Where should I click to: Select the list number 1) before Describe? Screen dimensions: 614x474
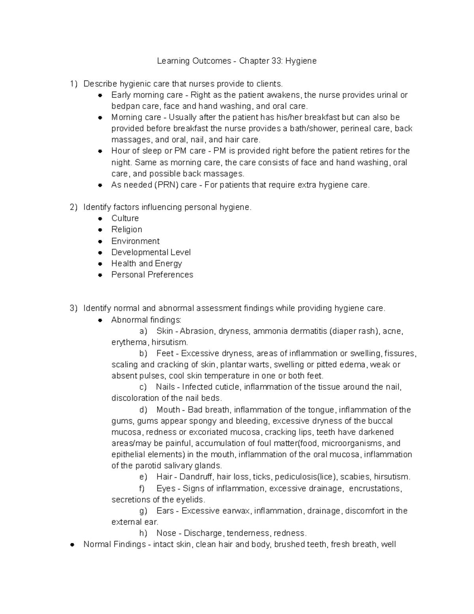[73, 84]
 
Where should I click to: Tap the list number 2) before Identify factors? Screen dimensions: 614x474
[73, 207]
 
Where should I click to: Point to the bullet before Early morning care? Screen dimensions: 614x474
[100, 95]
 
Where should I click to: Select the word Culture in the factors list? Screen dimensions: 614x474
[125, 218]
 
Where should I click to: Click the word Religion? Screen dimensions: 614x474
[126, 229]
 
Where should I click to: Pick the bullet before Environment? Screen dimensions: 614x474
[100, 241]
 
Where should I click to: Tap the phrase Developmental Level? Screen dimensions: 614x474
[151, 252]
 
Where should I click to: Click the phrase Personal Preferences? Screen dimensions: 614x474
[152, 274]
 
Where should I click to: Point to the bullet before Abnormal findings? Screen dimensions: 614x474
[100, 320]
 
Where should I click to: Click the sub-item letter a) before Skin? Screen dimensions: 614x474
[143, 331]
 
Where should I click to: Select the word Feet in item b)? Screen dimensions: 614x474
[165, 353]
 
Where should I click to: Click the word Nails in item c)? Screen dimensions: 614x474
[165, 387]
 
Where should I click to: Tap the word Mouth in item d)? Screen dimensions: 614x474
[168, 410]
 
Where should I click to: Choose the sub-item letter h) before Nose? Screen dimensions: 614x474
[143, 533]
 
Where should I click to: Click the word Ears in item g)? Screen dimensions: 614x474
[165, 511]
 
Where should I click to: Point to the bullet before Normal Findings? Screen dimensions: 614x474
[72, 545]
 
